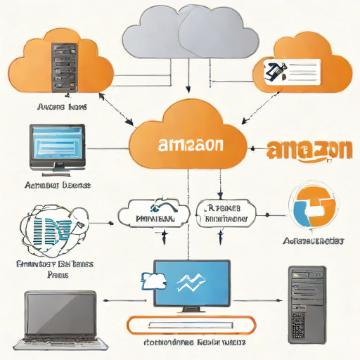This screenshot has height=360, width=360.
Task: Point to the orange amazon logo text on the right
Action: click(x=309, y=150)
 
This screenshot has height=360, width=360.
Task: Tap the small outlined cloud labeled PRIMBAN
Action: click(x=154, y=214)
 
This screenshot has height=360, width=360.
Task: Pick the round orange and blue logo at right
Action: click(x=314, y=207)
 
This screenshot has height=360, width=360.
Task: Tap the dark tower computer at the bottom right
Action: click(x=309, y=303)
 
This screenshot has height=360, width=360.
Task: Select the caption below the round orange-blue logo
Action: click(x=313, y=241)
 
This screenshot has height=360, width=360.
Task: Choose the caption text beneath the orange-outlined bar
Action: click(x=194, y=344)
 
